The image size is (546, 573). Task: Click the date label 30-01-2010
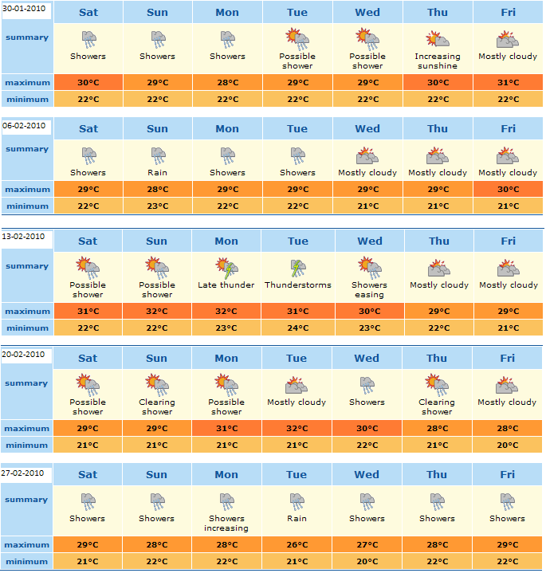point(26,9)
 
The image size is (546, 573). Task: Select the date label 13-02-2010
point(26,237)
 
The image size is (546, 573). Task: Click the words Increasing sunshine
point(438,61)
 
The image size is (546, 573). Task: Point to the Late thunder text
point(226,285)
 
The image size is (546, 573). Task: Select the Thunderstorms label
point(298,285)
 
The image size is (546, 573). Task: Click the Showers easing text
point(369,289)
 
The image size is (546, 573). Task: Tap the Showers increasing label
point(226,523)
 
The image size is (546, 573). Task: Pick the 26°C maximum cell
point(297,545)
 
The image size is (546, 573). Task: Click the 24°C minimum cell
point(297,328)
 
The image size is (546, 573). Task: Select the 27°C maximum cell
point(367,545)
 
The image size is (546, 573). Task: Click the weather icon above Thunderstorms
point(297,267)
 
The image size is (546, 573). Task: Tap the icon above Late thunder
point(226,267)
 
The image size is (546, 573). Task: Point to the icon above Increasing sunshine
point(438,39)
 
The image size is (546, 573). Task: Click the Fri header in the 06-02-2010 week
point(509,128)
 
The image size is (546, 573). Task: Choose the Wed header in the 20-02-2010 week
point(367,358)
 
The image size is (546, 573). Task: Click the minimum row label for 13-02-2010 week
point(27,328)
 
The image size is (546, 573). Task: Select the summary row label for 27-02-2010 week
point(27,500)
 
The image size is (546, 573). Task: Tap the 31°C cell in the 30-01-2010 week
point(509,83)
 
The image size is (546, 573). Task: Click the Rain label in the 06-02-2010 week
point(157,172)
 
